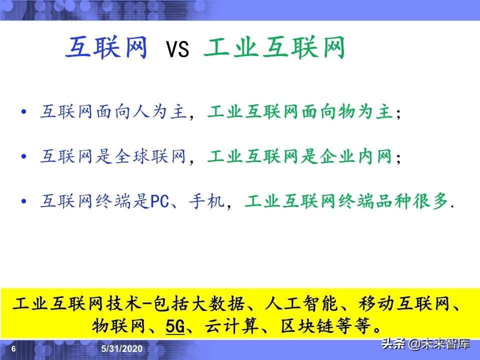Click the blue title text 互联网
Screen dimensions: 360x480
[106, 48]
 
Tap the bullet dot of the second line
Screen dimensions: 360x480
[24, 157]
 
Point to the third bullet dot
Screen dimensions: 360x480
[24, 201]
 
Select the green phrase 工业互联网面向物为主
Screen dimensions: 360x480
[300, 112]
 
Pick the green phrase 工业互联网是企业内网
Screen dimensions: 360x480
[300, 157]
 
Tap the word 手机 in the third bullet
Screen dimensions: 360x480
[206, 202]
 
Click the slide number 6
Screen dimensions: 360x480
[13, 348]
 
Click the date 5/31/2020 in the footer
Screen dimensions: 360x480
[122, 348]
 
